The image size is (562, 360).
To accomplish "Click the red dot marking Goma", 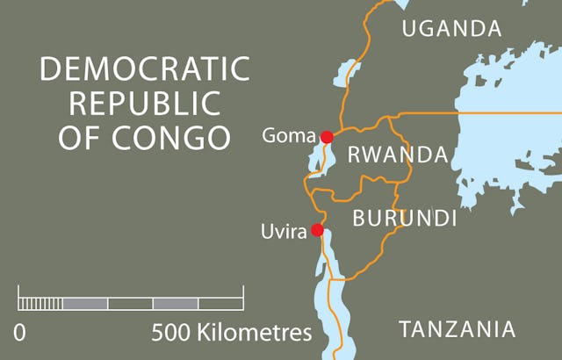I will pyautogui.click(x=327, y=137).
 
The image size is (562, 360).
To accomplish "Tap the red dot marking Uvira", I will pyautogui.click(x=317, y=231).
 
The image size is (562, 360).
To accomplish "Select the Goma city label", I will pyautogui.click(x=288, y=136).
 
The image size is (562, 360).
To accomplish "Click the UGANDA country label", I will pyautogui.click(x=451, y=29).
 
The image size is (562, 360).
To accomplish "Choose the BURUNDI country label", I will pyautogui.click(x=404, y=218).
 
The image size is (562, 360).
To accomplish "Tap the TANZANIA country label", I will pyautogui.click(x=457, y=329).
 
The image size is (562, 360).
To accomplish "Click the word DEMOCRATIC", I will pyautogui.click(x=145, y=69).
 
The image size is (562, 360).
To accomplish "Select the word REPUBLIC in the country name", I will pyautogui.click(x=145, y=104).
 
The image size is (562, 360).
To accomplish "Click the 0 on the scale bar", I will pyautogui.click(x=19, y=334).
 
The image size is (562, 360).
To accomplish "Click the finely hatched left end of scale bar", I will pyautogui.click(x=40, y=304).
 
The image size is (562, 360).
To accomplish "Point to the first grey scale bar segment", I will pyautogui.click(x=85, y=304).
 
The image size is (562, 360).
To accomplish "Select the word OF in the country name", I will pyautogui.click(x=81, y=138).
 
